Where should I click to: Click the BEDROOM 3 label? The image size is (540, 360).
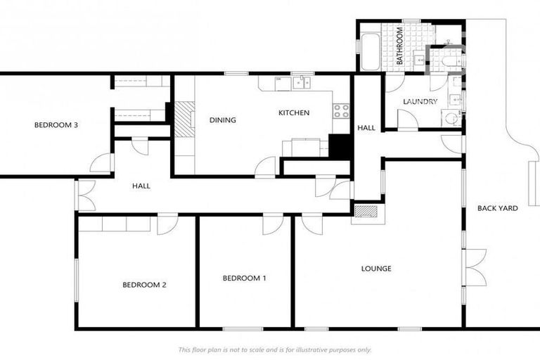click(x=56, y=125)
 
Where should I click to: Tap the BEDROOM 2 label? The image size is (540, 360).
click(x=144, y=285)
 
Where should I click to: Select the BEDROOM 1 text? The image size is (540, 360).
click(x=244, y=278)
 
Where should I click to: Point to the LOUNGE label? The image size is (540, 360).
click(x=376, y=269)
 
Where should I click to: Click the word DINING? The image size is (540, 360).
click(x=222, y=120)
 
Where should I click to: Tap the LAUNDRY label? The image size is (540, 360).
click(x=420, y=102)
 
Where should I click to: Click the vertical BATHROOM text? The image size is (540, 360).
click(x=399, y=46)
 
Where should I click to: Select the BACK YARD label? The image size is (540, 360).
click(x=498, y=208)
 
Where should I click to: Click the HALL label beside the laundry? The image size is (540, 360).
click(x=366, y=128)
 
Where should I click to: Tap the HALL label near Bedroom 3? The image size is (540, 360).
click(x=141, y=186)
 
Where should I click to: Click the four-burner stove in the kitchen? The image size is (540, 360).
click(x=341, y=110)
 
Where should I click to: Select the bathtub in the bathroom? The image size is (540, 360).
click(x=371, y=46)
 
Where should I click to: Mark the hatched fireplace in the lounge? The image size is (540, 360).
click(x=365, y=210)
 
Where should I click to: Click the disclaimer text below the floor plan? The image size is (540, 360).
click(x=274, y=349)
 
